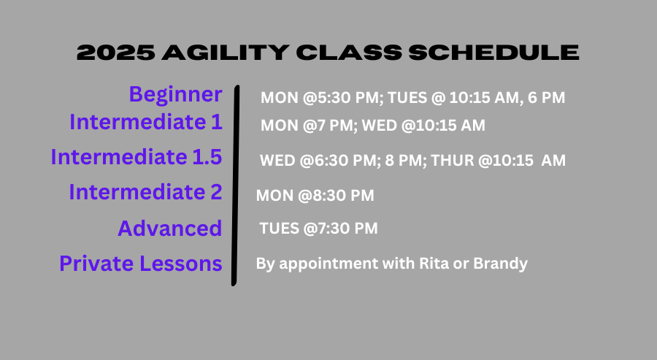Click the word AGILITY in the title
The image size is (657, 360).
[226, 53]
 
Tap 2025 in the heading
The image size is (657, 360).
[116, 53]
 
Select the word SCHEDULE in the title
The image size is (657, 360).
[494, 53]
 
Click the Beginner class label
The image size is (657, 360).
[175, 95]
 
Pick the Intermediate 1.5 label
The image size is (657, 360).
[137, 157]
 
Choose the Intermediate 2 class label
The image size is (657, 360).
[145, 192]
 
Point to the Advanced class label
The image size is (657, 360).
[169, 229]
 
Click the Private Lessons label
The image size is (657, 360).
[141, 264]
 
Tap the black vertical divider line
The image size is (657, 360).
[235, 185]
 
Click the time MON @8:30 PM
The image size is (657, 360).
[315, 195]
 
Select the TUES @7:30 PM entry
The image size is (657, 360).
[318, 229]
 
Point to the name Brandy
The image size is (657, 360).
[500, 264]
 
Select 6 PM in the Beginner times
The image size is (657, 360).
[546, 98]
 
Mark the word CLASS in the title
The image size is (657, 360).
[349, 53]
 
